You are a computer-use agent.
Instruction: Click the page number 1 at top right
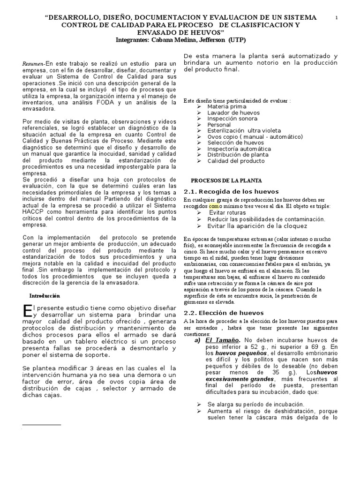point(337,17)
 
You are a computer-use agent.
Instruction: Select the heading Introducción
point(45,296)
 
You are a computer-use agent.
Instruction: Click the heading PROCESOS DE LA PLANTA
point(226,180)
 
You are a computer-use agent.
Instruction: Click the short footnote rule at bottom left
point(42,425)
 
